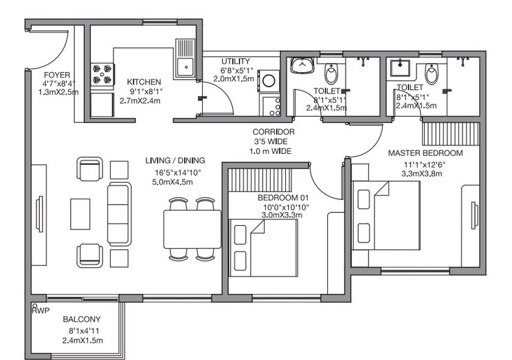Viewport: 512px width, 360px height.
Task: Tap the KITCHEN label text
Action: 144,81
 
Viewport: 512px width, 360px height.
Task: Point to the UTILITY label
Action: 235,61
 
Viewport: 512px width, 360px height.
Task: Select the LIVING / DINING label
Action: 175,161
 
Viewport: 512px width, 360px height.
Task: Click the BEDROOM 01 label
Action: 279,198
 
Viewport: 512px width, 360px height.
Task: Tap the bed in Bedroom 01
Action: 263,247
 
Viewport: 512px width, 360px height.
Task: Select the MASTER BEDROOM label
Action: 425,153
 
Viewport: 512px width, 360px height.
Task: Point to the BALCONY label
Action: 82,319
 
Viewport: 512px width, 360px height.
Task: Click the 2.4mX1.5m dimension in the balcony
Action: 82,340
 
